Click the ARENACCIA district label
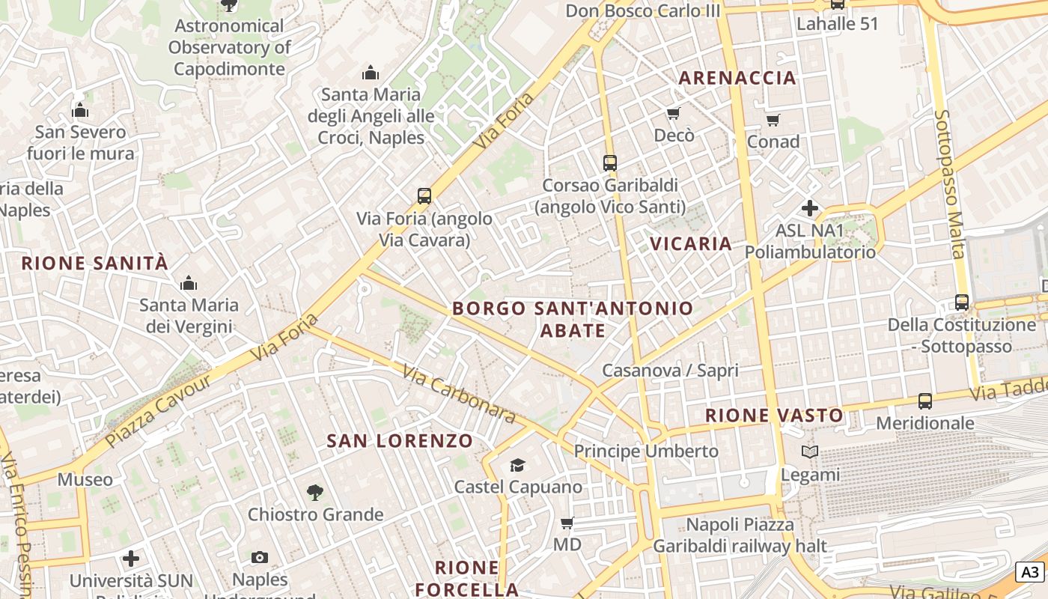pos(737,78)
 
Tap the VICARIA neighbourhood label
pos(690,243)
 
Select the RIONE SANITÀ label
pos(95,263)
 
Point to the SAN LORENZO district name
pos(400,441)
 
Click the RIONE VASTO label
pos(774,415)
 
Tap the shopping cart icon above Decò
pos(673,114)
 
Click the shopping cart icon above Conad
pos(773,120)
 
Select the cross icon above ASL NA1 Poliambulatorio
pos(809,208)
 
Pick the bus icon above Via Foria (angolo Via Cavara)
pos(424,196)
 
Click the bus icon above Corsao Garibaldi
pos(610,162)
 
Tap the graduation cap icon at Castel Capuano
pos(517,466)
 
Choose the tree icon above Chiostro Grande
pos(315,493)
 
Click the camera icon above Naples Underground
pos(260,558)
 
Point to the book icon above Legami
pos(810,452)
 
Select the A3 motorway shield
pos(1031,572)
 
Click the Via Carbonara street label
pos(458,394)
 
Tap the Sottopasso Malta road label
pos(948,183)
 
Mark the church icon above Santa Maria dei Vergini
pos(189,283)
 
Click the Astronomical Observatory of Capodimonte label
pos(228,47)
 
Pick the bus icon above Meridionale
pos(925,401)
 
